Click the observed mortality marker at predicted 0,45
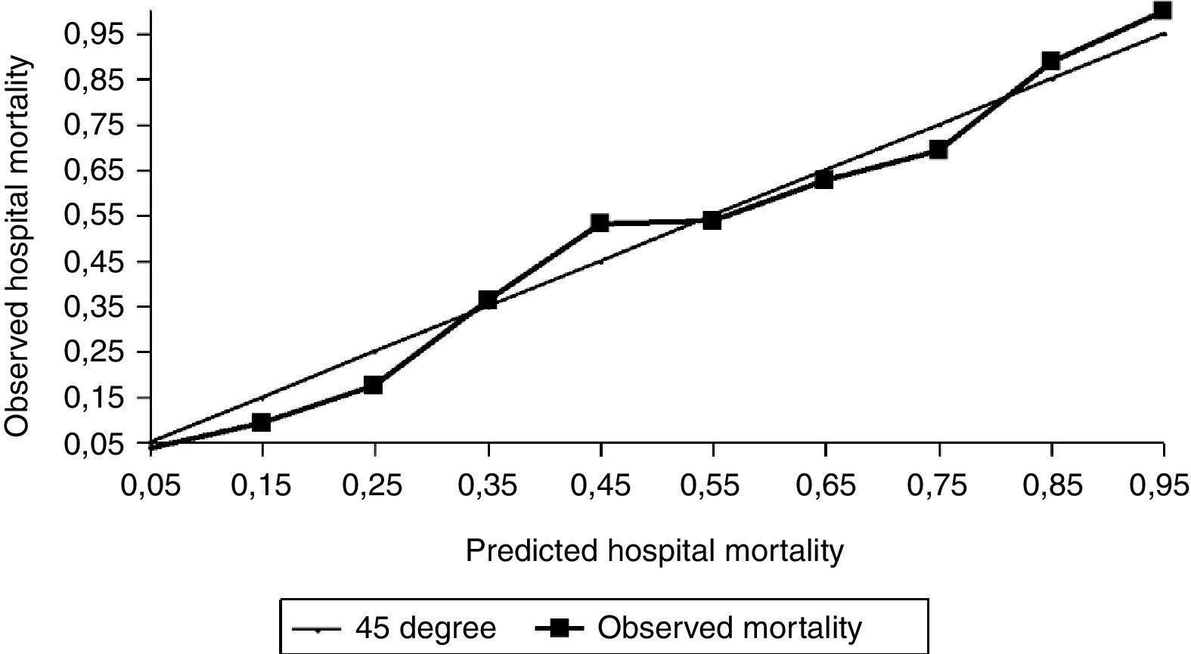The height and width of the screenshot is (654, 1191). click(600, 223)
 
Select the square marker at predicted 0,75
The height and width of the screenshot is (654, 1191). click(938, 150)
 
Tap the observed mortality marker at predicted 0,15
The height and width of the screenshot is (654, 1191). click(261, 422)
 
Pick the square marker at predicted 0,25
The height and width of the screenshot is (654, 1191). click(374, 386)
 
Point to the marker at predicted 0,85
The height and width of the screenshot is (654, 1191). click(1050, 60)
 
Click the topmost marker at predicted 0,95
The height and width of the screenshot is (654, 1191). click(1162, 10)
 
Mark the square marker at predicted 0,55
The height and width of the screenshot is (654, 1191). click(712, 221)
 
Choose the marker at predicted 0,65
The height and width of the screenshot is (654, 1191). click(824, 180)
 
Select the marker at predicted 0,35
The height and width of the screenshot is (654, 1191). click(488, 299)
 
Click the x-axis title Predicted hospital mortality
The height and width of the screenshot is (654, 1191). click(654, 550)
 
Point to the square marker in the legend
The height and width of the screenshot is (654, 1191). click(560, 628)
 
